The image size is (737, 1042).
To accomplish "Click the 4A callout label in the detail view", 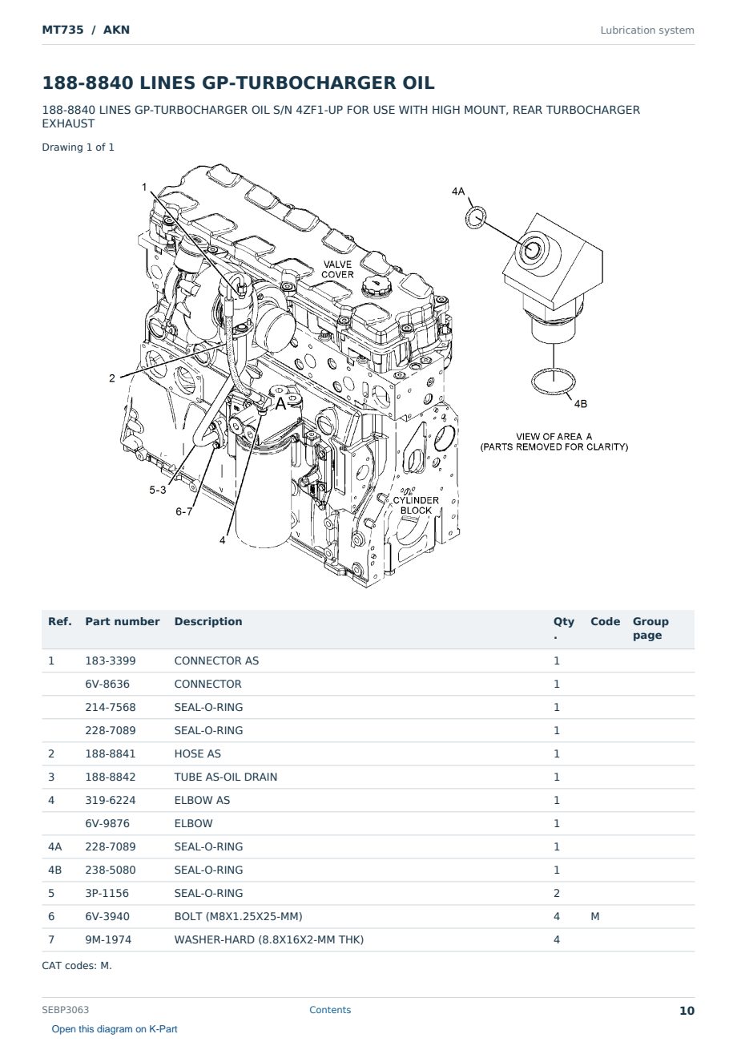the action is click(x=458, y=192).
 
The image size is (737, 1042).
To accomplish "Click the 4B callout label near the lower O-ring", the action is click(x=580, y=404).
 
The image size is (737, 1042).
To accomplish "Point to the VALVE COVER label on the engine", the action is click(x=337, y=269).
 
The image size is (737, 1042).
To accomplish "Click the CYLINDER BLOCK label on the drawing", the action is click(x=416, y=505).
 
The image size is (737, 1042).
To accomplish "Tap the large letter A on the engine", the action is click(x=281, y=404).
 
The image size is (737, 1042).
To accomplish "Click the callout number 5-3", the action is click(x=158, y=490).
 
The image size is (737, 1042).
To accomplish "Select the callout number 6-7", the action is click(x=183, y=511).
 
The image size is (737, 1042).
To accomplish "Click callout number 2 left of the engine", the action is click(x=112, y=378).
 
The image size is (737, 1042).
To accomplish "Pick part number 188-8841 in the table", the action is click(x=111, y=753).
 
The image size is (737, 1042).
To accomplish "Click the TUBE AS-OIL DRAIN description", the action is click(x=226, y=777).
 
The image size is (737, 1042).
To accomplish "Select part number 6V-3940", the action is click(x=107, y=916).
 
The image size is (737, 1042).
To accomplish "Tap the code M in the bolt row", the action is click(x=594, y=916).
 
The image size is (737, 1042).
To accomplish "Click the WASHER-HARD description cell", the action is click(x=268, y=939).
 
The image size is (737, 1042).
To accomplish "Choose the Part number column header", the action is click(x=123, y=621).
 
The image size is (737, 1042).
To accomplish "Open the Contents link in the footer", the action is click(x=330, y=1010).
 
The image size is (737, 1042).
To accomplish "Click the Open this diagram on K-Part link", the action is click(x=115, y=1029).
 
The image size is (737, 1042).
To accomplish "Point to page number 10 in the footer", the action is click(x=687, y=1011).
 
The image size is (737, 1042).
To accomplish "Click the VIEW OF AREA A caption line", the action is click(x=554, y=436).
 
